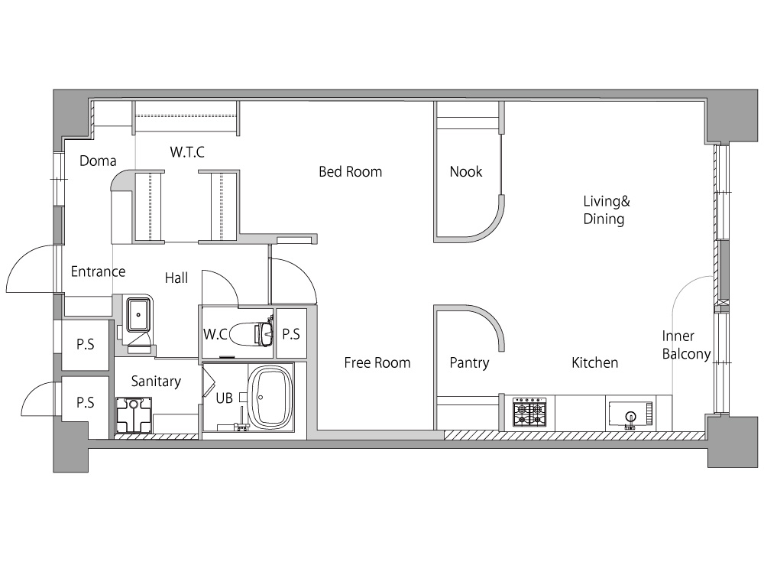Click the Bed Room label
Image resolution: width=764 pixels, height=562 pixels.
[351, 172]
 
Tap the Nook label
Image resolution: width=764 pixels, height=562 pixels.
[466, 172]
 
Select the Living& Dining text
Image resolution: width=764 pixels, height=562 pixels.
[607, 210]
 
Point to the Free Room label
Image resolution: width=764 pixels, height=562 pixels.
[377, 362]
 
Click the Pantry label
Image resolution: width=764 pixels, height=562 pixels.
[469, 363]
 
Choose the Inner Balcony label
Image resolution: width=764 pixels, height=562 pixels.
[686, 345]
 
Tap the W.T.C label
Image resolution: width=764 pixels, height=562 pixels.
[187, 151]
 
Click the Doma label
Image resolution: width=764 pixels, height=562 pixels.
[98, 161]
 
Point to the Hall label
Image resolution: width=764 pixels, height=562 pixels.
[176, 278]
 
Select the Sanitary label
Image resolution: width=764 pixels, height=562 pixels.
[156, 382]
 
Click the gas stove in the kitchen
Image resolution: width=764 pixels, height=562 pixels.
[529, 413]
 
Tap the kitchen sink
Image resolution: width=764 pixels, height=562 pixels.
[630, 414]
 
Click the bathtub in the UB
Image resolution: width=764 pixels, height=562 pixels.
[270, 397]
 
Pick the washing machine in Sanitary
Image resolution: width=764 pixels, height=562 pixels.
[134, 415]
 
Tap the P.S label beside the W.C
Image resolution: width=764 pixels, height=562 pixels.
[291, 334]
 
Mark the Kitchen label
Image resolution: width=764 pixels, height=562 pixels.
[594, 362]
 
